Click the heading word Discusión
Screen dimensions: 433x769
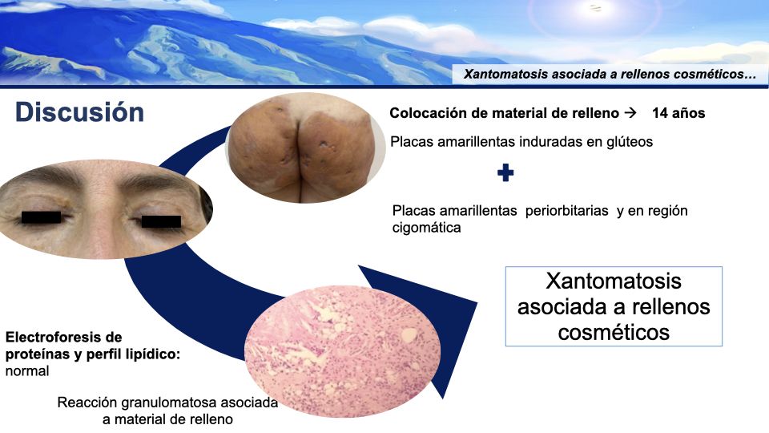pyautogui.click(x=79, y=112)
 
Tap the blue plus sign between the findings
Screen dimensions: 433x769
pyautogui.click(x=505, y=172)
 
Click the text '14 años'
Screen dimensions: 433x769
pyautogui.click(x=678, y=113)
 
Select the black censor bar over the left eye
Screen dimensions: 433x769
pyautogui.click(x=41, y=217)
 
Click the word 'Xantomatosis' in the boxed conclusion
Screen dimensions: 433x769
pyautogui.click(x=614, y=282)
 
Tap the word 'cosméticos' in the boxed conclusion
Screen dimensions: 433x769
pyautogui.click(x=614, y=331)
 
